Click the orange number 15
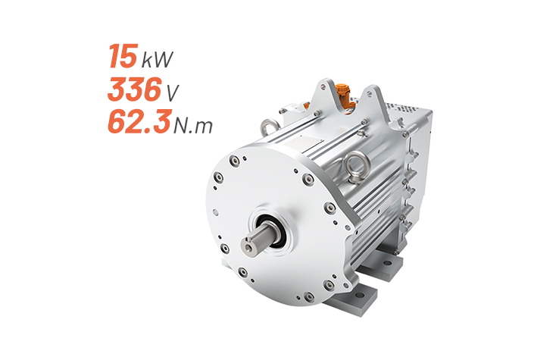tap(123, 56)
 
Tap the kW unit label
tap(157, 59)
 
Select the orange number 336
tap(134, 89)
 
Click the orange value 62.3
tap(139, 122)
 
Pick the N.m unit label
tap(193, 125)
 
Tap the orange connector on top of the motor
tap(342, 95)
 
